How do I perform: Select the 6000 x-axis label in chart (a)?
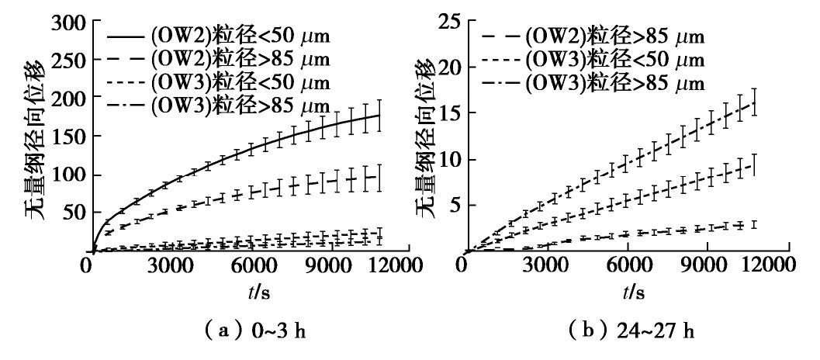click(x=251, y=266)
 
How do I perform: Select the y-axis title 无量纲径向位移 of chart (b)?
click(x=425, y=143)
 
